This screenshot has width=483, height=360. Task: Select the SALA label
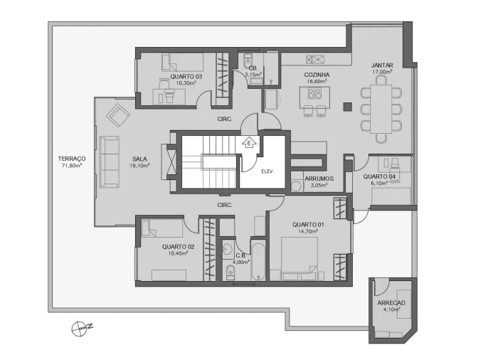click(139, 159)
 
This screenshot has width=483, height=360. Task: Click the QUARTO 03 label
click(186, 76)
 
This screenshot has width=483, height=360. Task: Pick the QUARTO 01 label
click(307, 224)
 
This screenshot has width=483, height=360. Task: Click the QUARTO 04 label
click(379, 176)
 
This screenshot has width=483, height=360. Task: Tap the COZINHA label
click(316, 75)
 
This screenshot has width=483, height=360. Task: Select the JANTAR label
click(382, 65)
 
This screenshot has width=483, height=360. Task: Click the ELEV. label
click(268, 171)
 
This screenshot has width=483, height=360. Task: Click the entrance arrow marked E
click(249, 143)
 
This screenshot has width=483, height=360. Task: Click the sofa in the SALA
click(110, 162)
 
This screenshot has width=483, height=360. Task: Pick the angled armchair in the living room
click(117, 113)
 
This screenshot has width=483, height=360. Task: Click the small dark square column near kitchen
click(348, 107)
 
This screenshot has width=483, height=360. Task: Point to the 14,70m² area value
click(307, 231)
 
